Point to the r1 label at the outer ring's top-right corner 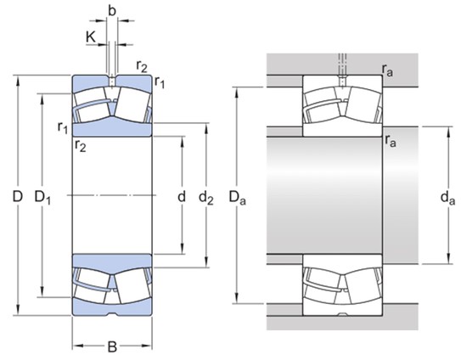click(159, 82)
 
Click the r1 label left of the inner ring click(62, 128)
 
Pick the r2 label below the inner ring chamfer click(81, 146)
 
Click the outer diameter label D click(17, 197)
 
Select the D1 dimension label click(42, 197)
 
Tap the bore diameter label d click(181, 197)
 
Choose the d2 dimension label click(205, 197)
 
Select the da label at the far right click(448, 199)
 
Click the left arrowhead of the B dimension click(75, 346)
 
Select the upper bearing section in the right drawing click(340, 105)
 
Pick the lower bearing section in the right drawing click(340, 284)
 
